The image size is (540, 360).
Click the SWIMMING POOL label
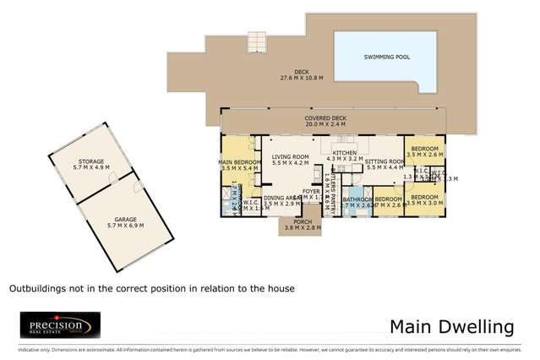pos(386,57)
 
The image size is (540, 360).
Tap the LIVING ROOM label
pos(292,156)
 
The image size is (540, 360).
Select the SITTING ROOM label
pos(385,161)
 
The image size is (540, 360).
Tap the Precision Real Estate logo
pos(60,325)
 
